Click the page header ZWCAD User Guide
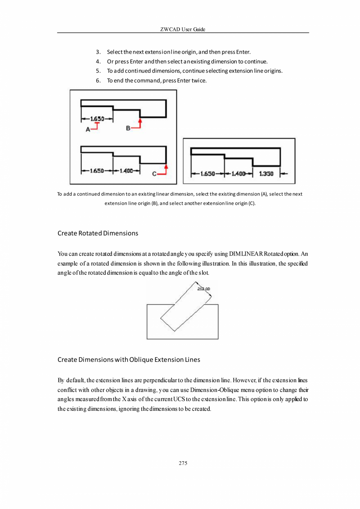[x=183, y=30]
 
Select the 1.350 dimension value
[x=266, y=174]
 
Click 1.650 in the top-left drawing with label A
[x=97, y=119]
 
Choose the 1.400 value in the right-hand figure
[x=238, y=174]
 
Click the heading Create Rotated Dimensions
[x=98, y=233]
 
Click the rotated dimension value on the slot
[x=204, y=289]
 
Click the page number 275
[x=183, y=463]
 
